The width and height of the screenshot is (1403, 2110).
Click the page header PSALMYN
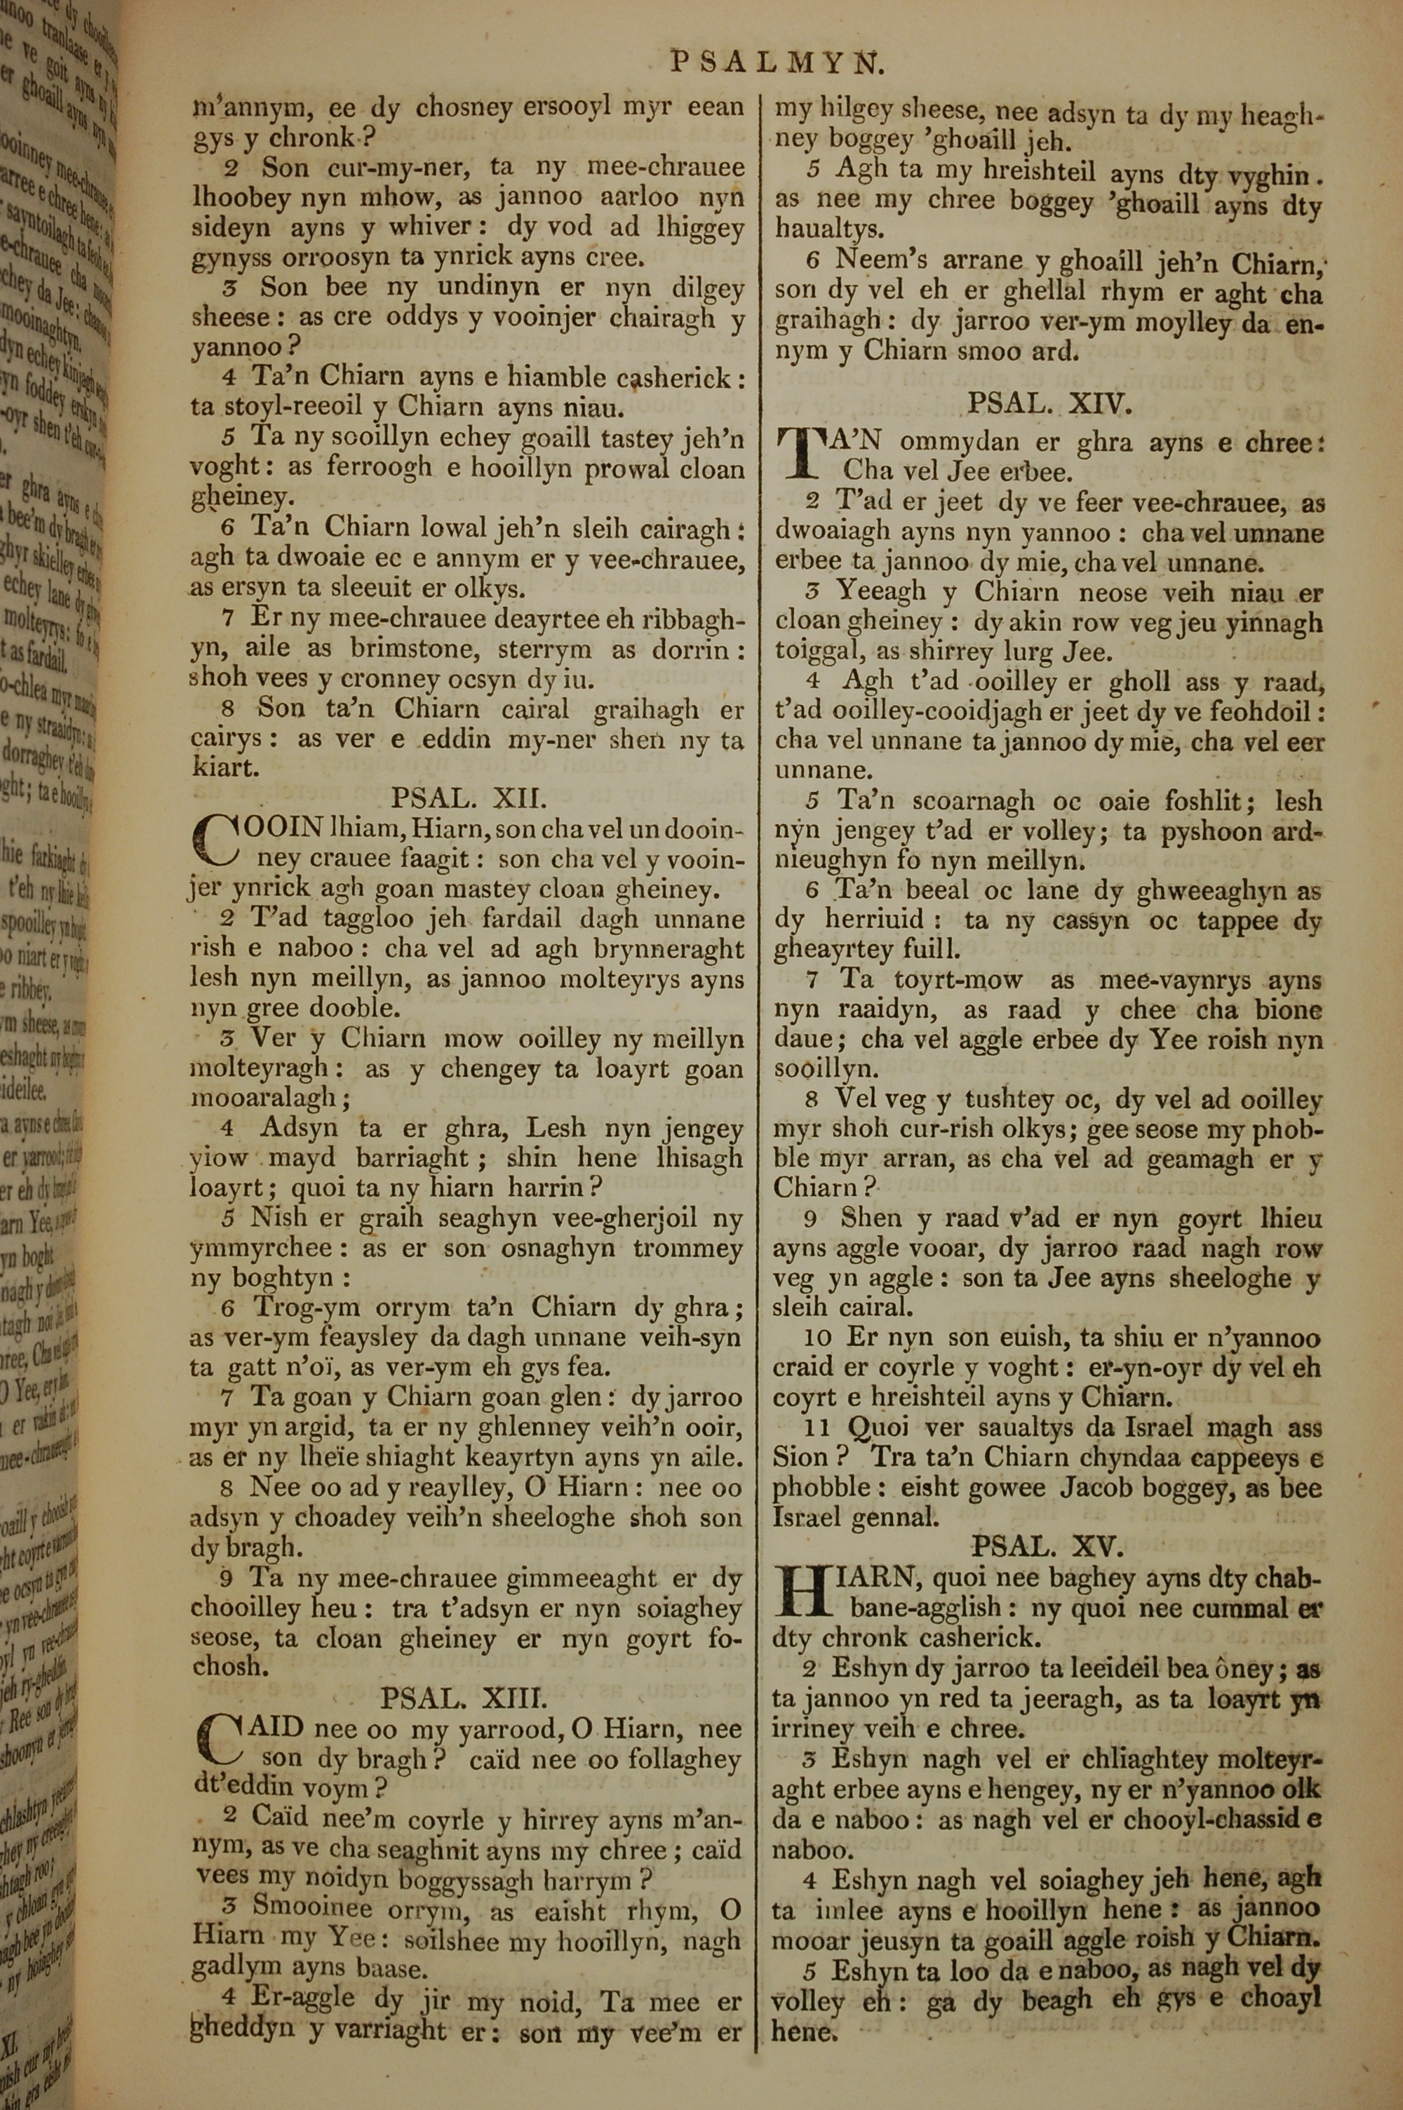(777, 62)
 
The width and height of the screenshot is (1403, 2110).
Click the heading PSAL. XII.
(468, 797)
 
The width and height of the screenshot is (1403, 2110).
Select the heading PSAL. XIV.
(1049, 404)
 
